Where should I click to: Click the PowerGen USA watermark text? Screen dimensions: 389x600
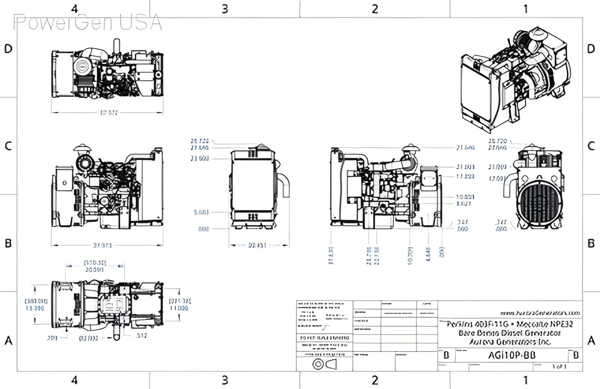click(x=88, y=22)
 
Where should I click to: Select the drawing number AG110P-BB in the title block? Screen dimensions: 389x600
click(x=512, y=355)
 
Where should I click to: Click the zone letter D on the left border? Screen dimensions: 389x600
click(x=8, y=49)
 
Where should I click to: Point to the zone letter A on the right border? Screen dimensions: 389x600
click(x=591, y=341)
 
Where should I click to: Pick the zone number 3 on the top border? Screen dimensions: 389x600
click(x=225, y=9)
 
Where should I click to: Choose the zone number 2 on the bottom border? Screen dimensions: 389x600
click(x=375, y=380)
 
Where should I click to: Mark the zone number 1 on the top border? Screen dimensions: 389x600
click(x=525, y=9)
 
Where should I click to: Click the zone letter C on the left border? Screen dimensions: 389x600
click(x=8, y=146)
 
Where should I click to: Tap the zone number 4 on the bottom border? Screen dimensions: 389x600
click(x=74, y=380)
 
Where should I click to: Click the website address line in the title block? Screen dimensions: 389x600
click(x=540, y=313)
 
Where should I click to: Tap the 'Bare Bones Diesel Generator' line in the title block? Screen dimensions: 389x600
click(x=509, y=333)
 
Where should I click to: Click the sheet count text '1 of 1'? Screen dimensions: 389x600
click(x=559, y=367)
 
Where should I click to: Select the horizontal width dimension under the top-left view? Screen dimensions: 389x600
click(x=109, y=113)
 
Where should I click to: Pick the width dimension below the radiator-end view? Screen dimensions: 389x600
click(x=257, y=246)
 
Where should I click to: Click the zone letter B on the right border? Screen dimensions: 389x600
click(x=591, y=244)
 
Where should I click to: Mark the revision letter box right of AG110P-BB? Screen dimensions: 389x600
click(x=576, y=355)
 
